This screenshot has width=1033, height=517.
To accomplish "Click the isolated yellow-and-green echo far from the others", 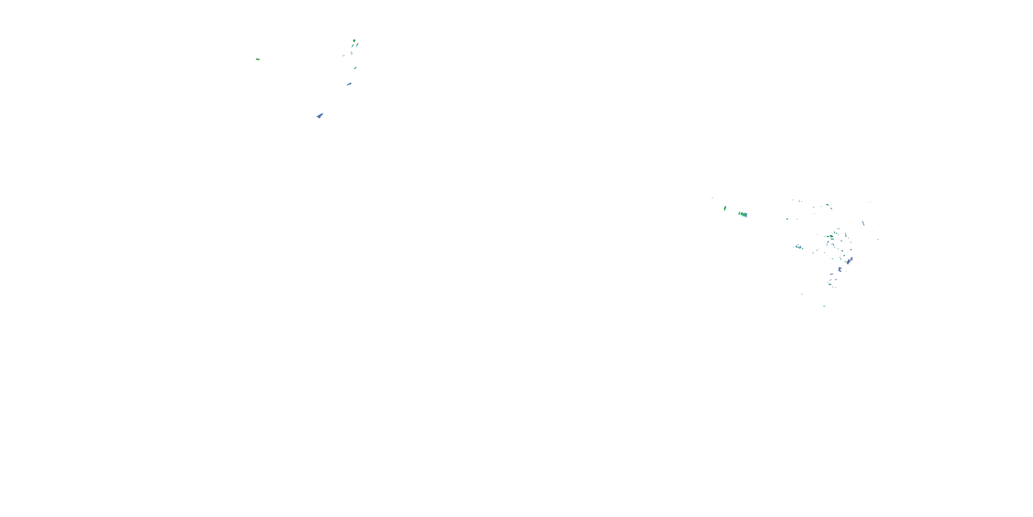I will tap(258, 59).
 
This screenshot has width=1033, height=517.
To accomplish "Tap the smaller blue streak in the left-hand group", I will tap(349, 84).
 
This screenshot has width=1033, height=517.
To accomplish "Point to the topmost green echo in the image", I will tap(354, 41).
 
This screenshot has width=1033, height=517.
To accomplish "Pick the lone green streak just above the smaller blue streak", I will tap(355, 68).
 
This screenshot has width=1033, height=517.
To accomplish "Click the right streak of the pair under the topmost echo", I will tap(357, 45).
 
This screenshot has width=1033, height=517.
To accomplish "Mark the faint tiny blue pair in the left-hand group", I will tap(344, 55).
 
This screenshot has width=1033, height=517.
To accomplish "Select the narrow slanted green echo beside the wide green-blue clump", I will tap(724, 208).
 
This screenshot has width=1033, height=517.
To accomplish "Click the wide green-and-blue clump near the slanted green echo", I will tap(743, 214).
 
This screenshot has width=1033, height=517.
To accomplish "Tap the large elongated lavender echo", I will tap(849, 261).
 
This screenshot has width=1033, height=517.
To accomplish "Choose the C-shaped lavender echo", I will tap(840, 269).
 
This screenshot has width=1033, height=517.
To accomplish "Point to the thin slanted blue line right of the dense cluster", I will tap(863, 223).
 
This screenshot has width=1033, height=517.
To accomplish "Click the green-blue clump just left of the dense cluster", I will tap(799, 247).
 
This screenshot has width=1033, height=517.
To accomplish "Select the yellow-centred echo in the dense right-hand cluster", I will tap(831, 236).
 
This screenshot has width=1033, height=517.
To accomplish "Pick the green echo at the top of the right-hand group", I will tap(827, 205).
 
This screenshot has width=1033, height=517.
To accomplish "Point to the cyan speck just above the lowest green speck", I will tap(802, 294).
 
